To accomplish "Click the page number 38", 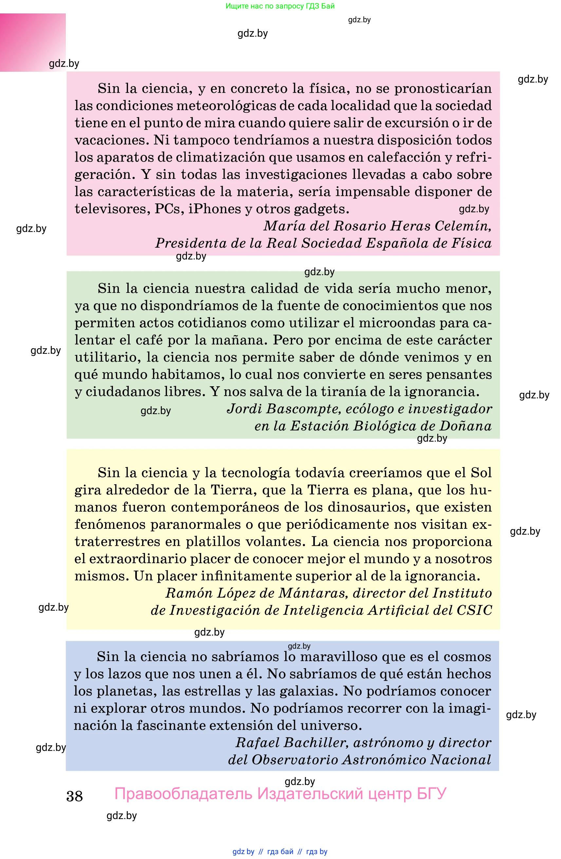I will click(x=74, y=796).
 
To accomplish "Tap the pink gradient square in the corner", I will click(x=32, y=42).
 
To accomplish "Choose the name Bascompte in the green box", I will click(x=304, y=409).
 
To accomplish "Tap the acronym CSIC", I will click(x=474, y=610).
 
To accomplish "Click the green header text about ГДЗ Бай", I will click(x=280, y=6).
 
